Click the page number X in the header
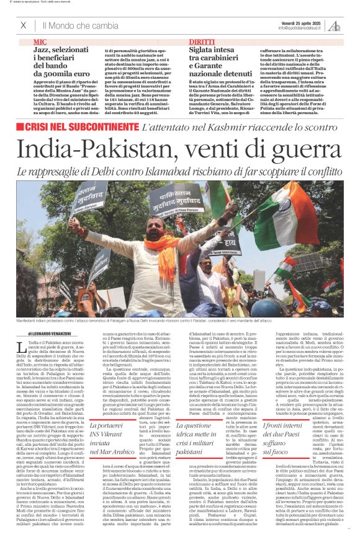coord(24,25)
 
